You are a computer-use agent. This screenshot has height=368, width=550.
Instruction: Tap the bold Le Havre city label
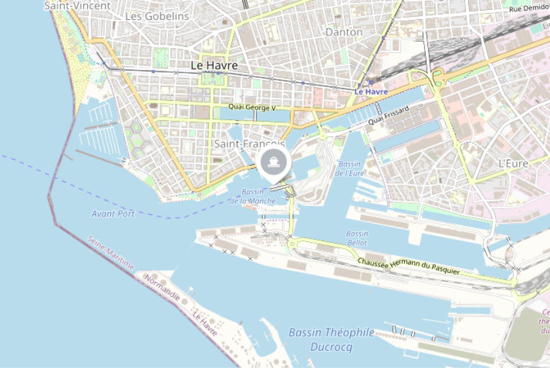[x=214, y=66]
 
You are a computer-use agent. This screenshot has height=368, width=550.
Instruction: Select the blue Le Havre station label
[x=371, y=92]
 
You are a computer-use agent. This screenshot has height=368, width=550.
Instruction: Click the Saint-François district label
[x=249, y=144]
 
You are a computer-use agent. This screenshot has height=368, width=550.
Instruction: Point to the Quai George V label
[x=252, y=107]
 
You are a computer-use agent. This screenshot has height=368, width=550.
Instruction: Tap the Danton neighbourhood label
[x=344, y=32]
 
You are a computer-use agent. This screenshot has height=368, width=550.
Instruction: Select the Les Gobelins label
[x=157, y=16]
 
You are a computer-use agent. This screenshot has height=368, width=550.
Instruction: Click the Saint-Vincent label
[x=69, y=5]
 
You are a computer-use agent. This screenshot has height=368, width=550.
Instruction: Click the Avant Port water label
[x=113, y=214]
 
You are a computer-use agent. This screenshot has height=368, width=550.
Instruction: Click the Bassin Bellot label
[x=357, y=238]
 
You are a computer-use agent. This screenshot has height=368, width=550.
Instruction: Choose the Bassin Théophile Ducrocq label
[x=331, y=340]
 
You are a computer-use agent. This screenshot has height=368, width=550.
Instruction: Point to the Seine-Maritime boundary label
[x=110, y=253]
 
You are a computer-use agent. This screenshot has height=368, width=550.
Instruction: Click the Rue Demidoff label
[x=529, y=8]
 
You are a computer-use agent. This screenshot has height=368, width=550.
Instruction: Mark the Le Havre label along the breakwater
[x=205, y=324]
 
